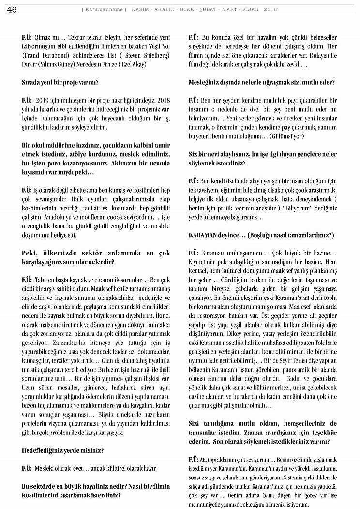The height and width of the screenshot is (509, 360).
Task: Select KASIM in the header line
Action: (x=140, y=9)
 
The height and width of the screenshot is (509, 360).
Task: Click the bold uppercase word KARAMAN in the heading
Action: (x=205, y=235)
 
